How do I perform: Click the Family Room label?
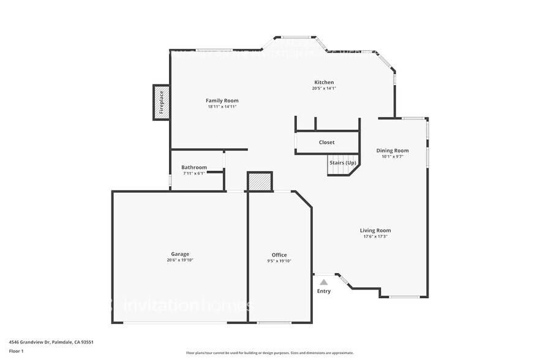[x=222, y=100]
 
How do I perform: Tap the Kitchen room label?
[x=324, y=82]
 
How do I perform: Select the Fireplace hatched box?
[x=161, y=102]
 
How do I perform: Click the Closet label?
[x=326, y=143]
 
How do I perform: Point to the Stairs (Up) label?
[x=343, y=163]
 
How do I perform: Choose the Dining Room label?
[x=392, y=150]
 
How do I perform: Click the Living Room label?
[x=375, y=230]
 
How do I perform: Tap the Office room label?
[x=279, y=255]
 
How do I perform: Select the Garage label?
[x=180, y=253]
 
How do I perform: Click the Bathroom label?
[x=194, y=167]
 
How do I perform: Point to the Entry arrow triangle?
[x=324, y=282]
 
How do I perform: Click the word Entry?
[x=324, y=291]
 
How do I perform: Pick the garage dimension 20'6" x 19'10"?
[x=180, y=260]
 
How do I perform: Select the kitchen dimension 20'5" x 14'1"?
[x=324, y=89]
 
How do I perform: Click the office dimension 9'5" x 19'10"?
[x=279, y=261]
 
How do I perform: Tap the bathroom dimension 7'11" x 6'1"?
[x=194, y=174]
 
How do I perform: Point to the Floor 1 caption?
[x=16, y=351]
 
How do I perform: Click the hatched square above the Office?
[x=260, y=182]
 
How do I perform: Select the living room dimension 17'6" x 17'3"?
[x=375, y=237]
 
